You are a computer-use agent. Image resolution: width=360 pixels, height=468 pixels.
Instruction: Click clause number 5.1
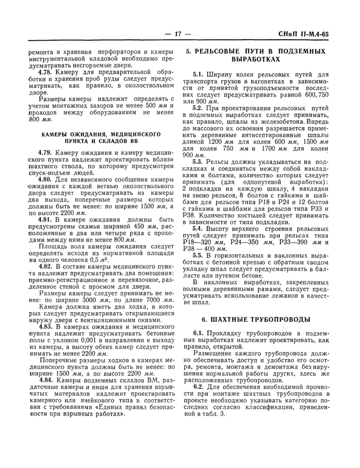[199, 75]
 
